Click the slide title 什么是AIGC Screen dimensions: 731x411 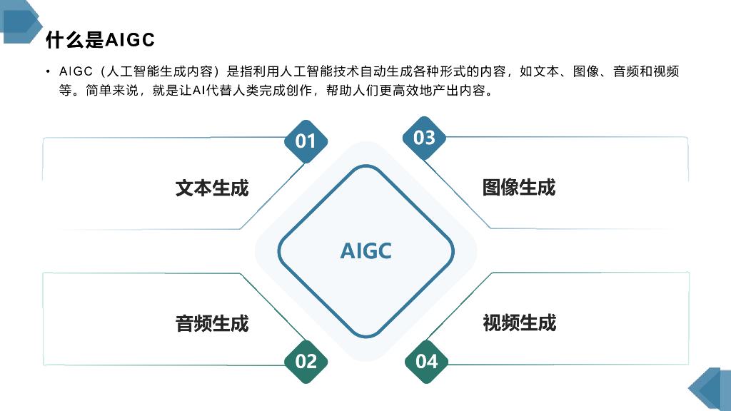(100, 40)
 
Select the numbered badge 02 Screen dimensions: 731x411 (306, 362)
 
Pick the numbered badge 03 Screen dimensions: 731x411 (424, 138)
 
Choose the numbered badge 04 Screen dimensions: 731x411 (426, 362)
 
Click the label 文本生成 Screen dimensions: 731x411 (212, 188)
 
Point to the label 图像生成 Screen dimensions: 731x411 (519, 188)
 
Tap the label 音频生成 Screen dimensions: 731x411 (212, 323)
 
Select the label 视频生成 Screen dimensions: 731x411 (520, 323)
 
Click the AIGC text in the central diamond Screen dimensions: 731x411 (366, 251)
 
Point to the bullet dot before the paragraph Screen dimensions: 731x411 (48, 71)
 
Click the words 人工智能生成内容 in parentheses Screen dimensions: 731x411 (159, 71)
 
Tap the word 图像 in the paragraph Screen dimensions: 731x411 (586, 71)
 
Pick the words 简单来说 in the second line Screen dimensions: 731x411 (112, 90)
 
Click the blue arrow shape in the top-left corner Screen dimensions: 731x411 (22, 21)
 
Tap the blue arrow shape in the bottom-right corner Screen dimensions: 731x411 (710, 390)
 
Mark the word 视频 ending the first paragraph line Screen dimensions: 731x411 (666, 71)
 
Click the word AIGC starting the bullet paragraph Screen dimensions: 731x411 (76, 71)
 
